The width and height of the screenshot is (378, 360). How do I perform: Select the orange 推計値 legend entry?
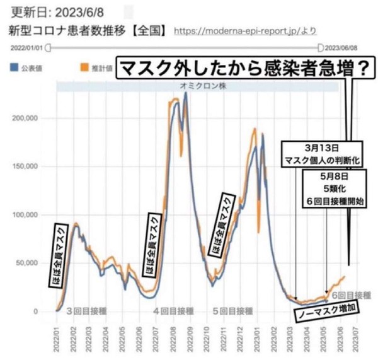point(96,66)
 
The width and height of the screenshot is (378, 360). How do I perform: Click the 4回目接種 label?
point(174,311)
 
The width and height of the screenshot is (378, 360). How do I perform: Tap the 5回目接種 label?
point(232,311)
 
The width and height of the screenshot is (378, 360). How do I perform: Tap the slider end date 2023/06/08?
point(341,47)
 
